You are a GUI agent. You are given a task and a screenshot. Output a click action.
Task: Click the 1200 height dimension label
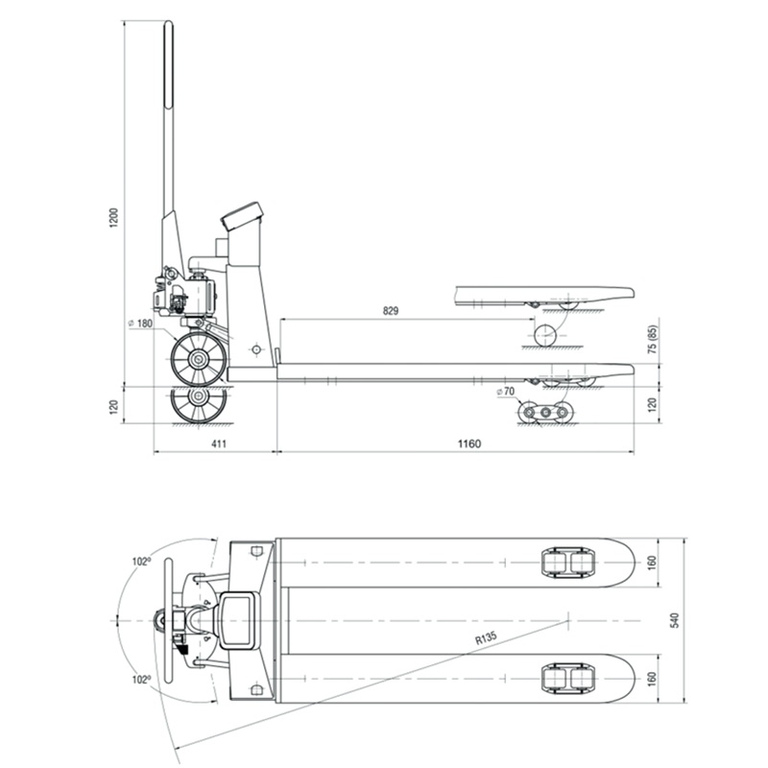113,218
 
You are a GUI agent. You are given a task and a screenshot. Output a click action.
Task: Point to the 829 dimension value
391,310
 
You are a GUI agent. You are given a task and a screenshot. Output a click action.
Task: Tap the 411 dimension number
219,444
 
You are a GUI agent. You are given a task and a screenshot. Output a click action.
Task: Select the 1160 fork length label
469,444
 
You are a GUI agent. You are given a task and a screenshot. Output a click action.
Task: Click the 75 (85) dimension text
652,340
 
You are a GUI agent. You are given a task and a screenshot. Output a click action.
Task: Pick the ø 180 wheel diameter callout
140,324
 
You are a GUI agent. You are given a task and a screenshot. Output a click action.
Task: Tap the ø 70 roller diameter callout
506,392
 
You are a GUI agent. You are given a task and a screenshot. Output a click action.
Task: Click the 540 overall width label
675,620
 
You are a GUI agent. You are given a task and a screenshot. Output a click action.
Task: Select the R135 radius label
486,638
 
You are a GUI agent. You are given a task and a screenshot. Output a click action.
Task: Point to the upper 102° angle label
140,562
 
